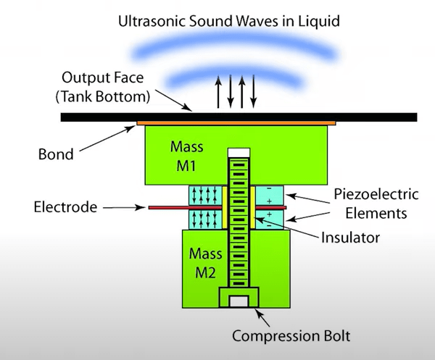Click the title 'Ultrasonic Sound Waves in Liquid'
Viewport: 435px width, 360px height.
click(x=230, y=22)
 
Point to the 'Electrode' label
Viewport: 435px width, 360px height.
click(x=65, y=208)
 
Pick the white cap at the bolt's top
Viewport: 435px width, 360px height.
click(x=238, y=153)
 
